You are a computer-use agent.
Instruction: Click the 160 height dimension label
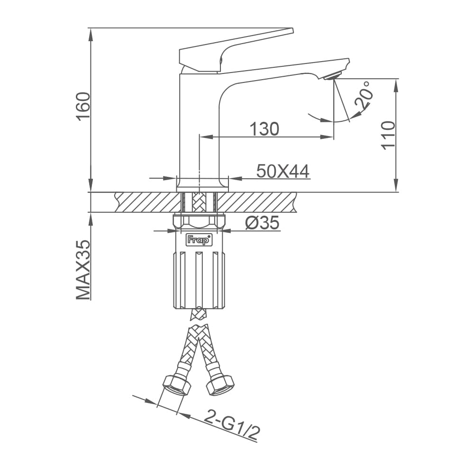(x=83, y=106)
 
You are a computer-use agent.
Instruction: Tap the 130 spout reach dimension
(x=264, y=129)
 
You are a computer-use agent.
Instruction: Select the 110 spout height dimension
(x=388, y=135)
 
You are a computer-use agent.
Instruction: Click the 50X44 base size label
(x=283, y=172)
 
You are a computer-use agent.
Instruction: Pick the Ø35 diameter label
(x=262, y=223)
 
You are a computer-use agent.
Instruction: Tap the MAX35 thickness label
(x=83, y=270)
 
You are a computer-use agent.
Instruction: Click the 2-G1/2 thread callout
(x=232, y=426)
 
